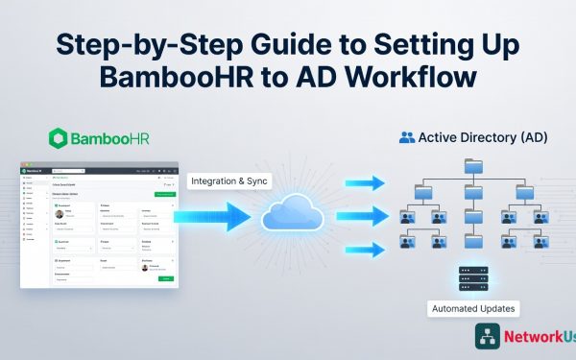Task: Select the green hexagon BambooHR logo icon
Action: click(x=59, y=138)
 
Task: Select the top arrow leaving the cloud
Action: click(x=364, y=183)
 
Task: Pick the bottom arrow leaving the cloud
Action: click(x=364, y=249)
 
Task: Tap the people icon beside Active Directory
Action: click(x=407, y=138)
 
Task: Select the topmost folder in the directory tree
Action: click(x=472, y=167)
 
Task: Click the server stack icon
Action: click(x=472, y=277)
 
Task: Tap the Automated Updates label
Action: click(x=472, y=309)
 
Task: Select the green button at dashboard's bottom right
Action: click(x=166, y=278)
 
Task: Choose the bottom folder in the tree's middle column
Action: click(x=472, y=241)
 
